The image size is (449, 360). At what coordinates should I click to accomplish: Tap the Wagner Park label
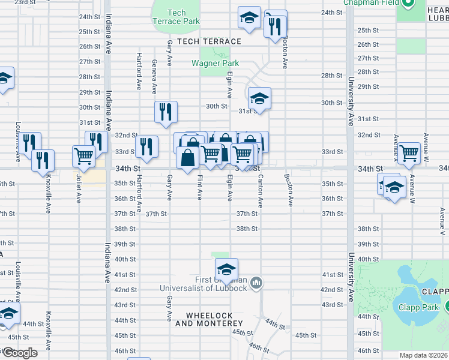coord(215,63)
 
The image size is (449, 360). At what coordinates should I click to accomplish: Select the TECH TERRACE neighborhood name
coord(205,41)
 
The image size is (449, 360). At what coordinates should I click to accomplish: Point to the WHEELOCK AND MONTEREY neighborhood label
coord(205,319)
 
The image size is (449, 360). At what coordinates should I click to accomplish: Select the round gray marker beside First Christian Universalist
coord(256,282)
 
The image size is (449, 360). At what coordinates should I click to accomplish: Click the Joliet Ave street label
coord(79,189)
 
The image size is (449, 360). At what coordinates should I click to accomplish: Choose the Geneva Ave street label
coord(154,76)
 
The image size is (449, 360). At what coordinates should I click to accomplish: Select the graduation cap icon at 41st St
coord(226,268)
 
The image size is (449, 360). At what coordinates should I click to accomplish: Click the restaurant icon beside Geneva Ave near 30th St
coord(166,112)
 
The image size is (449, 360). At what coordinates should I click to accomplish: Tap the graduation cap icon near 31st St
coord(259,98)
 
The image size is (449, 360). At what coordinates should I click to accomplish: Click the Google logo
coord(19,353)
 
